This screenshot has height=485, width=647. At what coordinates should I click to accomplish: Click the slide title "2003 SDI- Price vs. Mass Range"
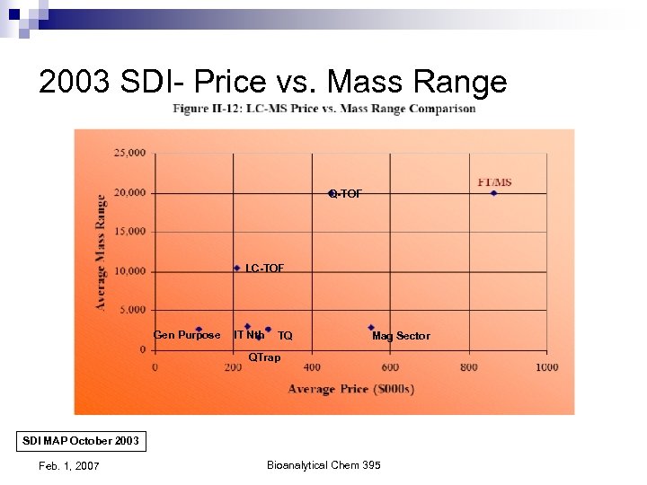point(272,82)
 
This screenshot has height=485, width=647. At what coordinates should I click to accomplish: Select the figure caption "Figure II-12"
point(324,110)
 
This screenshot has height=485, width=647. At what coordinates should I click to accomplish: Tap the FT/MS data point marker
point(493,193)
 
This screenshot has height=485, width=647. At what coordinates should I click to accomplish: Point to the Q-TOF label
point(346,194)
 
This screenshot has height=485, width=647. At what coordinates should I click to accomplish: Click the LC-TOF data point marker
point(237,268)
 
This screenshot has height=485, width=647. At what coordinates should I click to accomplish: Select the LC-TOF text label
point(264,269)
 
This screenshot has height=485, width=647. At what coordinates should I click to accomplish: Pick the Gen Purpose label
point(187,335)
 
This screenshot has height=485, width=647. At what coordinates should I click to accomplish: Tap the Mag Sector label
point(401,336)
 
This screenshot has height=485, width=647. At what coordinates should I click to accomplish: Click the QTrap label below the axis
point(264,357)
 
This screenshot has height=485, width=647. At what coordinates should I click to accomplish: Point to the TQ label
point(285,336)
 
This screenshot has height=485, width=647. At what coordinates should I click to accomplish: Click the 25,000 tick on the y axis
point(129,154)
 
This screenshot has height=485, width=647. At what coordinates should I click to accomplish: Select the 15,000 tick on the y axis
point(129,232)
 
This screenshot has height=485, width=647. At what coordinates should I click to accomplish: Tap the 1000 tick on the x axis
point(546,367)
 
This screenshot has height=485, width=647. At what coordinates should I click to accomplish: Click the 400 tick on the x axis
point(311,367)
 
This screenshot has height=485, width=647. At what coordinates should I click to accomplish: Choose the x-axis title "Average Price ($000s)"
point(350,389)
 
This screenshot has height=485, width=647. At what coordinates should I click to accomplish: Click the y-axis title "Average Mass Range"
point(101,252)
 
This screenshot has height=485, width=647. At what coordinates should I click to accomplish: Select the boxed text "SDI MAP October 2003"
point(81,442)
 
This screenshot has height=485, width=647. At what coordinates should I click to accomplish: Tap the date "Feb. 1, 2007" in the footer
point(69,465)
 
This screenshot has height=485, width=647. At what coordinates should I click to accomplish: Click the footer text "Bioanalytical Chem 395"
point(323,465)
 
